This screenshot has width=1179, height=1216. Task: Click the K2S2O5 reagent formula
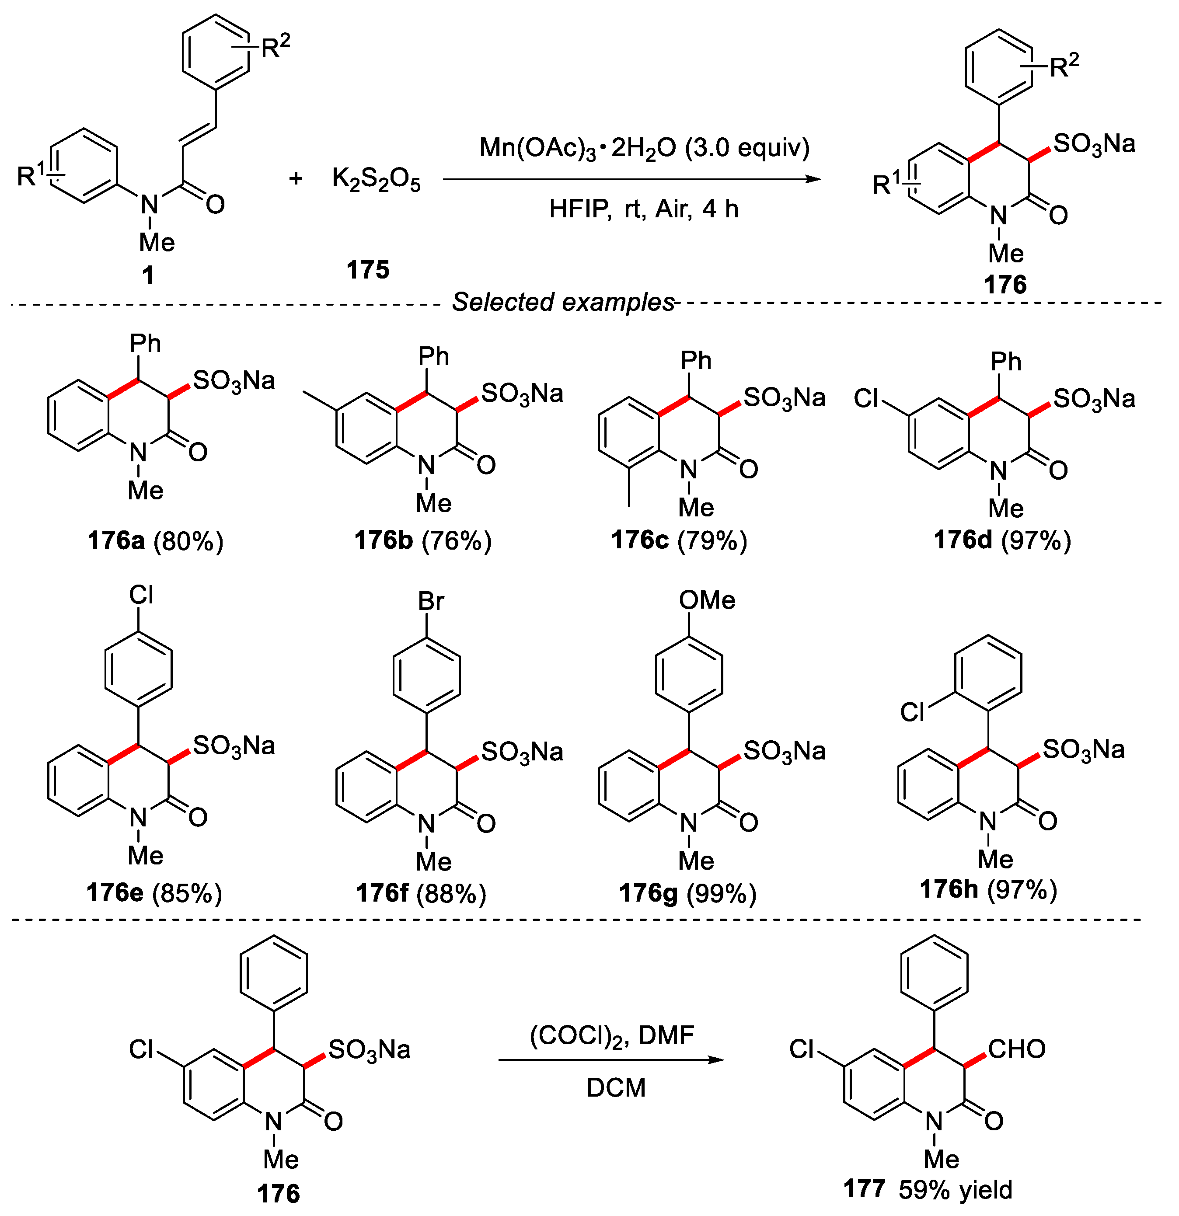coord(376,180)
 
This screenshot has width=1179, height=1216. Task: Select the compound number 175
coord(368,270)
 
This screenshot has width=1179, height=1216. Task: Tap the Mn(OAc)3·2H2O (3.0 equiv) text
coord(644,148)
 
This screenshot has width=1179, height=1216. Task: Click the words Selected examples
coord(563,302)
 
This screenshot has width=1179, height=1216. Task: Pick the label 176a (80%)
coord(155,541)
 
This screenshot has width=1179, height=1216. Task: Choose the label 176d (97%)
coord(1002,541)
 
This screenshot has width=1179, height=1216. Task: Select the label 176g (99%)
coord(687,893)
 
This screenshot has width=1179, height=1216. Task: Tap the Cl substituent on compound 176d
coord(866,398)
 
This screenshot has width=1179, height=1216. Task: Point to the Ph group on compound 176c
coord(696,360)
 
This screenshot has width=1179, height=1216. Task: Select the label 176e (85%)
coord(154,893)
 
